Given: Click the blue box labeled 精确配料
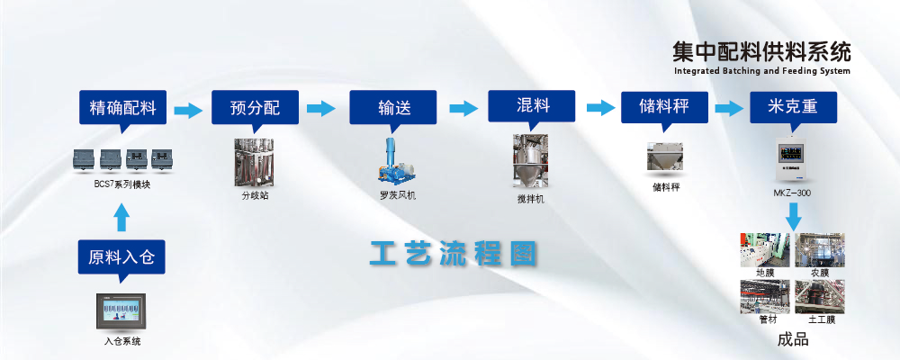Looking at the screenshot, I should (x=123, y=109).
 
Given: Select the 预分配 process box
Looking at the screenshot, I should (x=255, y=109).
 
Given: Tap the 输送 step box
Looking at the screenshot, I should (x=394, y=109).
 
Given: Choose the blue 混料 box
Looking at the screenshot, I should (x=533, y=107).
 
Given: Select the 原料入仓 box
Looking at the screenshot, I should (x=121, y=257).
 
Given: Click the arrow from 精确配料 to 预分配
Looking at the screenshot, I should (x=188, y=110).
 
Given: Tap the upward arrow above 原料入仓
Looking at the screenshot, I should (x=122, y=219).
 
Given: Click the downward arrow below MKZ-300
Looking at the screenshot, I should (x=793, y=216).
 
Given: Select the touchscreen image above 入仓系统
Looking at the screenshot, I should (x=121, y=311).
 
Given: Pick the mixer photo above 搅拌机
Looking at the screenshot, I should (x=531, y=160).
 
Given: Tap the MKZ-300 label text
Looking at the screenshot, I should (x=793, y=193).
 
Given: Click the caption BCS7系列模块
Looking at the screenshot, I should (x=121, y=185).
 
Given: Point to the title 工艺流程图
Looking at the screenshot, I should (x=453, y=254).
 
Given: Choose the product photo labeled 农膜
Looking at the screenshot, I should (x=819, y=249).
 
